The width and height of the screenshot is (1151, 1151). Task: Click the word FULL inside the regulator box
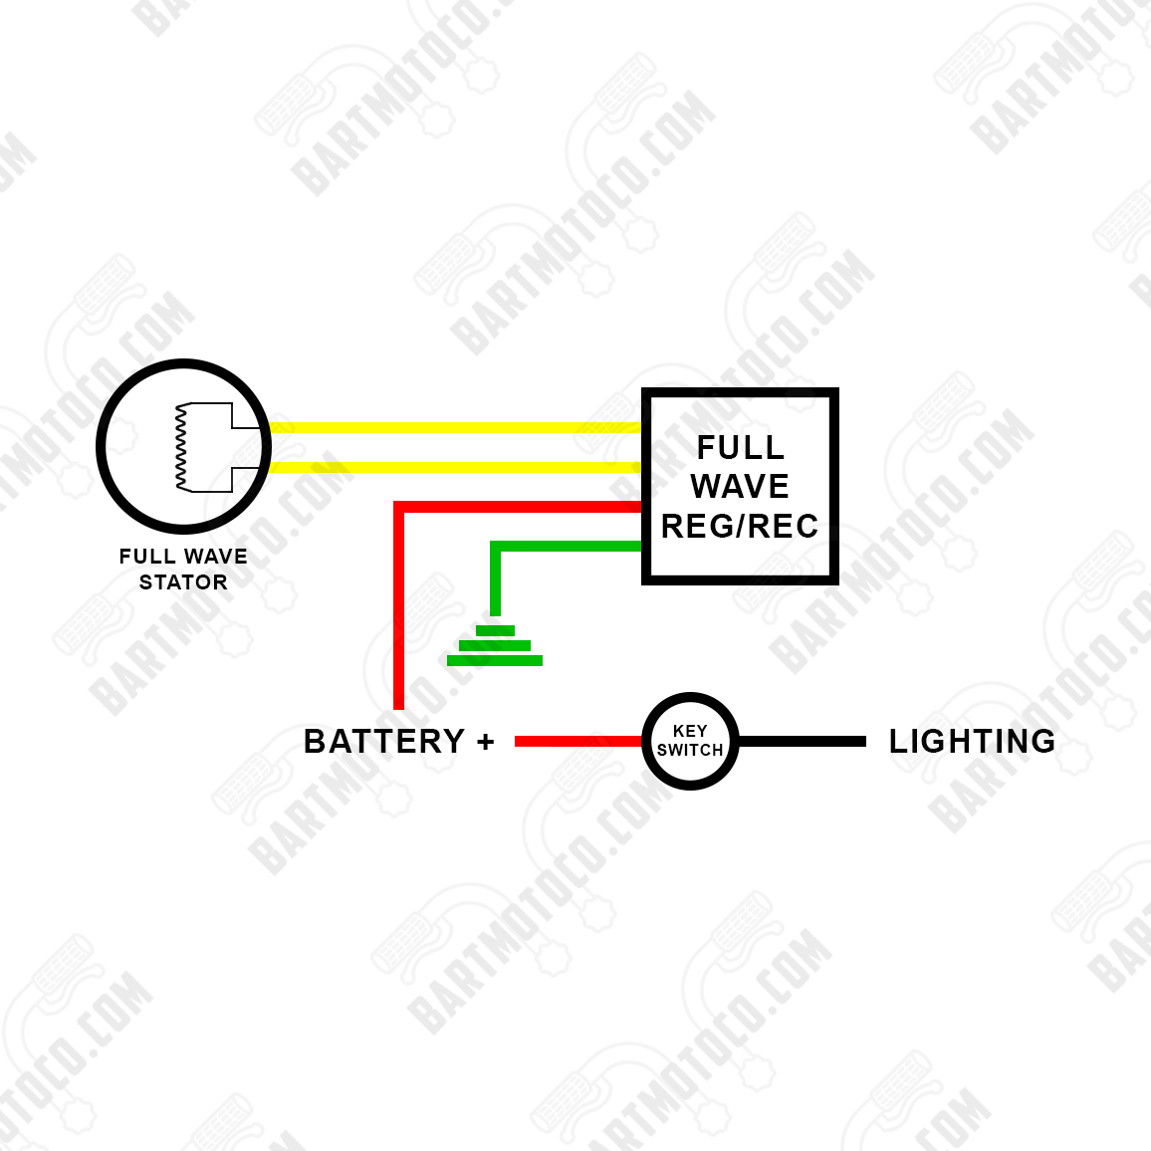pyautogui.click(x=740, y=447)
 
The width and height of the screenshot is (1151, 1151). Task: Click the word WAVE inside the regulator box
pyautogui.click(x=740, y=486)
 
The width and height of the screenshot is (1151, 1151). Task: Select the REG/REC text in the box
pyautogui.click(x=740, y=526)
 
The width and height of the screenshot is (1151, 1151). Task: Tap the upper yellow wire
pyautogui.click(x=454, y=427)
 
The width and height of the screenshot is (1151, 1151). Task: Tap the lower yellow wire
pyautogui.click(x=454, y=467)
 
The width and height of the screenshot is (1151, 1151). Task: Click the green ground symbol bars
pyautogui.click(x=495, y=645)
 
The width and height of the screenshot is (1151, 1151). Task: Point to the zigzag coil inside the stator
pyautogui.click(x=181, y=447)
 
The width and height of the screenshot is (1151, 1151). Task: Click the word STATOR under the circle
pyautogui.click(x=183, y=582)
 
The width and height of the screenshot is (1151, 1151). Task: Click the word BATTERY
pyautogui.click(x=384, y=742)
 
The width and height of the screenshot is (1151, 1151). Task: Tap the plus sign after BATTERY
pyautogui.click(x=485, y=742)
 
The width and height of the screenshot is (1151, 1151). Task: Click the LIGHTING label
pyautogui.click(x=972, y=742)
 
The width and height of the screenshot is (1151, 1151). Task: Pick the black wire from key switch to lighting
pyautogui.click(x=802, y=742)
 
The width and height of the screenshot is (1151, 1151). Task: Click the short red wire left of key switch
pyautogui.click(x=577, y=742)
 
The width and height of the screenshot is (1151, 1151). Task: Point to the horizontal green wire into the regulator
pyautogui.click(x=568, y=546)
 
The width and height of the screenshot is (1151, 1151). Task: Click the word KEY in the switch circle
pyautogui.click(x=690, y=731)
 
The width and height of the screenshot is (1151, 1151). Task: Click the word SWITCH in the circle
pyautogui.click(x=690, y=750)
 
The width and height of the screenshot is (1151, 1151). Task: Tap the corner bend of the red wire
pyautogui.click(x=399, y=507)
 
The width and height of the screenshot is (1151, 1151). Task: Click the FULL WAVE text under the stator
pyautogui.click(x=183, y=557)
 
